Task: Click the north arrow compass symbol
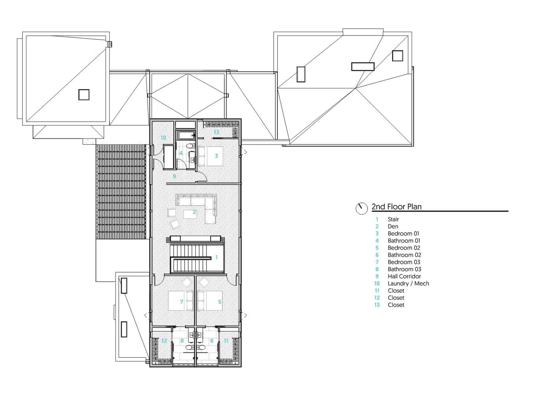[361, 208]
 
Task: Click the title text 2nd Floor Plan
[396, 206]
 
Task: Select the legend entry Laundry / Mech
[408, 283]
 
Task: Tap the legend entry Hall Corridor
[404, 276]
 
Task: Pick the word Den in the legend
[393, 226]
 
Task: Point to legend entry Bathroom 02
[404, 255]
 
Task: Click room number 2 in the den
[194, 212]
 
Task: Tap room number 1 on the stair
[216, 257]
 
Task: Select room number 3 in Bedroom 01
[216, 156]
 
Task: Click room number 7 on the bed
[181, 302]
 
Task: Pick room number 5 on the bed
[220, 302]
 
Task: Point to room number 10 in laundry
[163, 138]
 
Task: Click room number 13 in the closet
[216, 132]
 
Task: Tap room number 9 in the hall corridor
[174, 176]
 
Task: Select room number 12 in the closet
[164, 341]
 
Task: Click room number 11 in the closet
[226, 341]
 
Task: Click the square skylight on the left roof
[84, 95]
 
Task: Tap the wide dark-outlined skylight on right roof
[362, 66]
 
